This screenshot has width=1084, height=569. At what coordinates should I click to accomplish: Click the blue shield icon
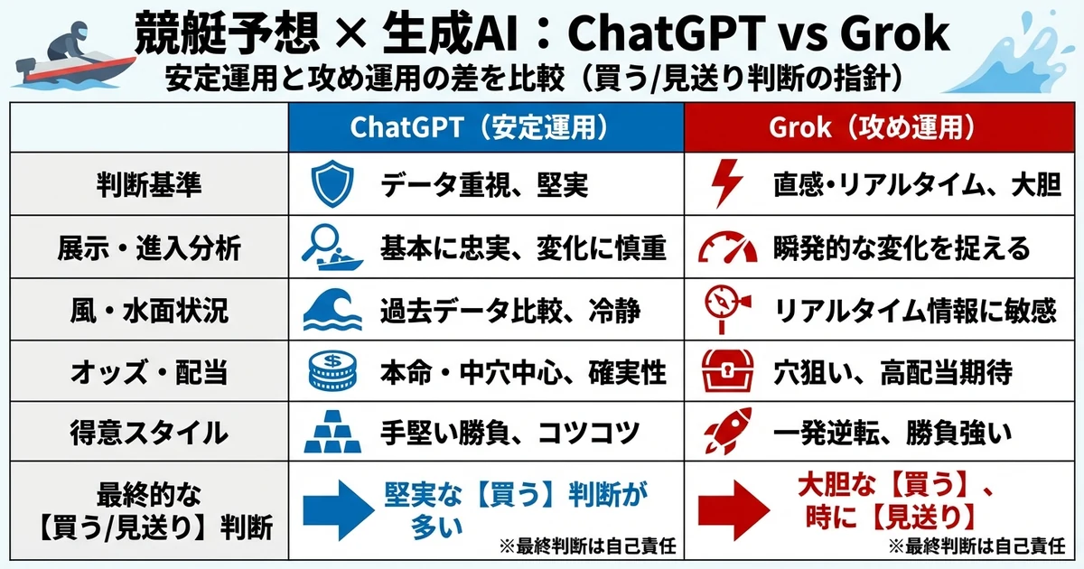tap(329, 184)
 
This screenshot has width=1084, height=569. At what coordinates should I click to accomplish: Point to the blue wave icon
tap(331, 309)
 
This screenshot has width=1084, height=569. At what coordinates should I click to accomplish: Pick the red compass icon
tap(727, 309)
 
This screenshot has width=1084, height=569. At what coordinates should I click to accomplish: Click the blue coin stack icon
tap(331, 370)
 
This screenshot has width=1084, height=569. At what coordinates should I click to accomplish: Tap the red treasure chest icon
tap(727, 370)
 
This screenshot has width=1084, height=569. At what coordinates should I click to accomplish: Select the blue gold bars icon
tap(331, 432)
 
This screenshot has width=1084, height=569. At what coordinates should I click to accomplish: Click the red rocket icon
tap(727, 432)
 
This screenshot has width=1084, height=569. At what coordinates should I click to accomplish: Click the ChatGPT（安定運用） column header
tap(485, 127)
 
